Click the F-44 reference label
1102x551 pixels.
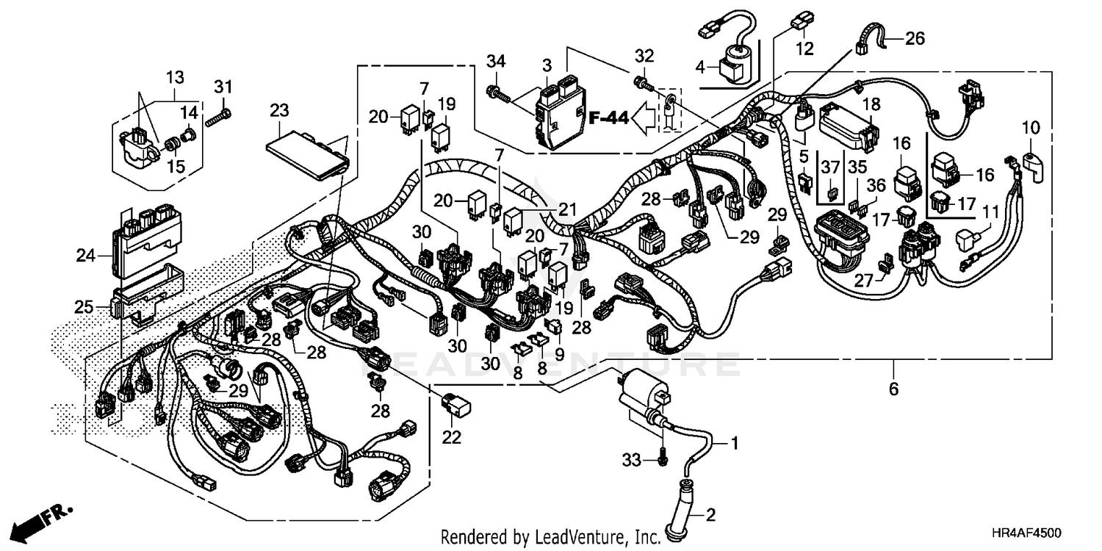tap(608, 117)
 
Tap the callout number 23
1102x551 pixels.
tap(279, 111)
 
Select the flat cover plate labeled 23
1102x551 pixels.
tap(306, 158)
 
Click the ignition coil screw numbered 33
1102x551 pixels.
tap(662, 459)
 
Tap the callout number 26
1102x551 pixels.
tap(915, 37)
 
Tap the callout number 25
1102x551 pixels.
tap(84, 306)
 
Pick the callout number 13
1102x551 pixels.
tap(175, 77)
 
